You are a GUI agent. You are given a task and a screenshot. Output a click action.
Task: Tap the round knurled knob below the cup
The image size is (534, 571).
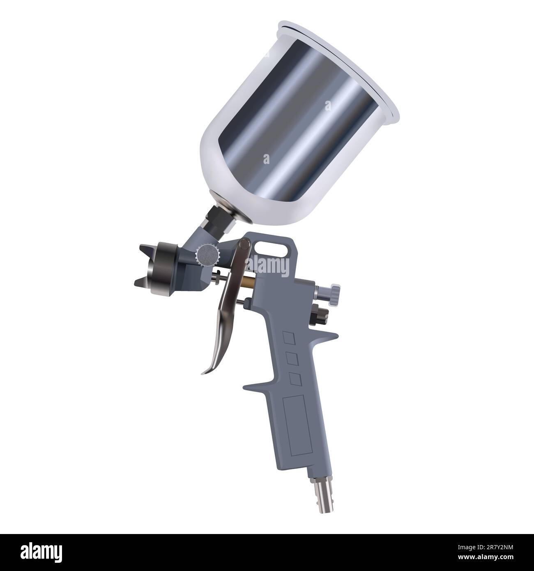(204, 255)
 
